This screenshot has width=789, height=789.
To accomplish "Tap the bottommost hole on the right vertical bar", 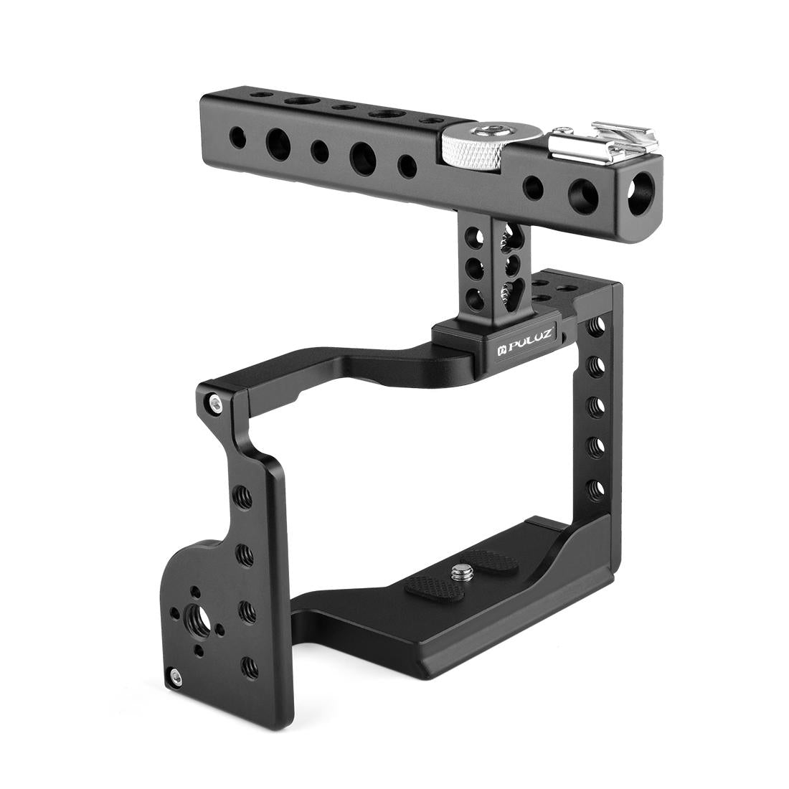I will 595,489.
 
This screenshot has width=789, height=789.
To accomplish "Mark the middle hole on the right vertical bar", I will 594,407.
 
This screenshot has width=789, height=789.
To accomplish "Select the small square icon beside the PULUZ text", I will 503,351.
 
